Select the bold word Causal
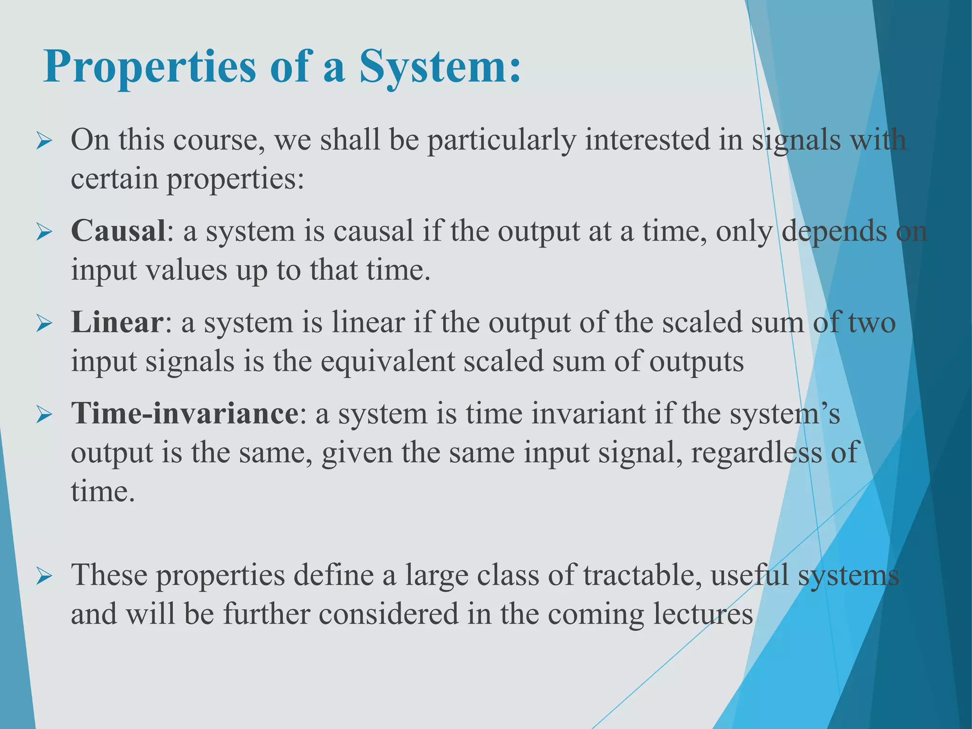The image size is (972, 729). coord(118,231)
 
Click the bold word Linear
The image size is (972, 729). coord(116,322)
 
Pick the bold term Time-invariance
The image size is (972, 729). coord(185,413)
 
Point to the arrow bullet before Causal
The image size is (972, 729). coord(44,233)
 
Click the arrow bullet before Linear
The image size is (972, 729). coord(44,324)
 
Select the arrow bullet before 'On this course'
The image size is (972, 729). coord(44,141)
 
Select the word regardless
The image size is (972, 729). coord(756,453)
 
